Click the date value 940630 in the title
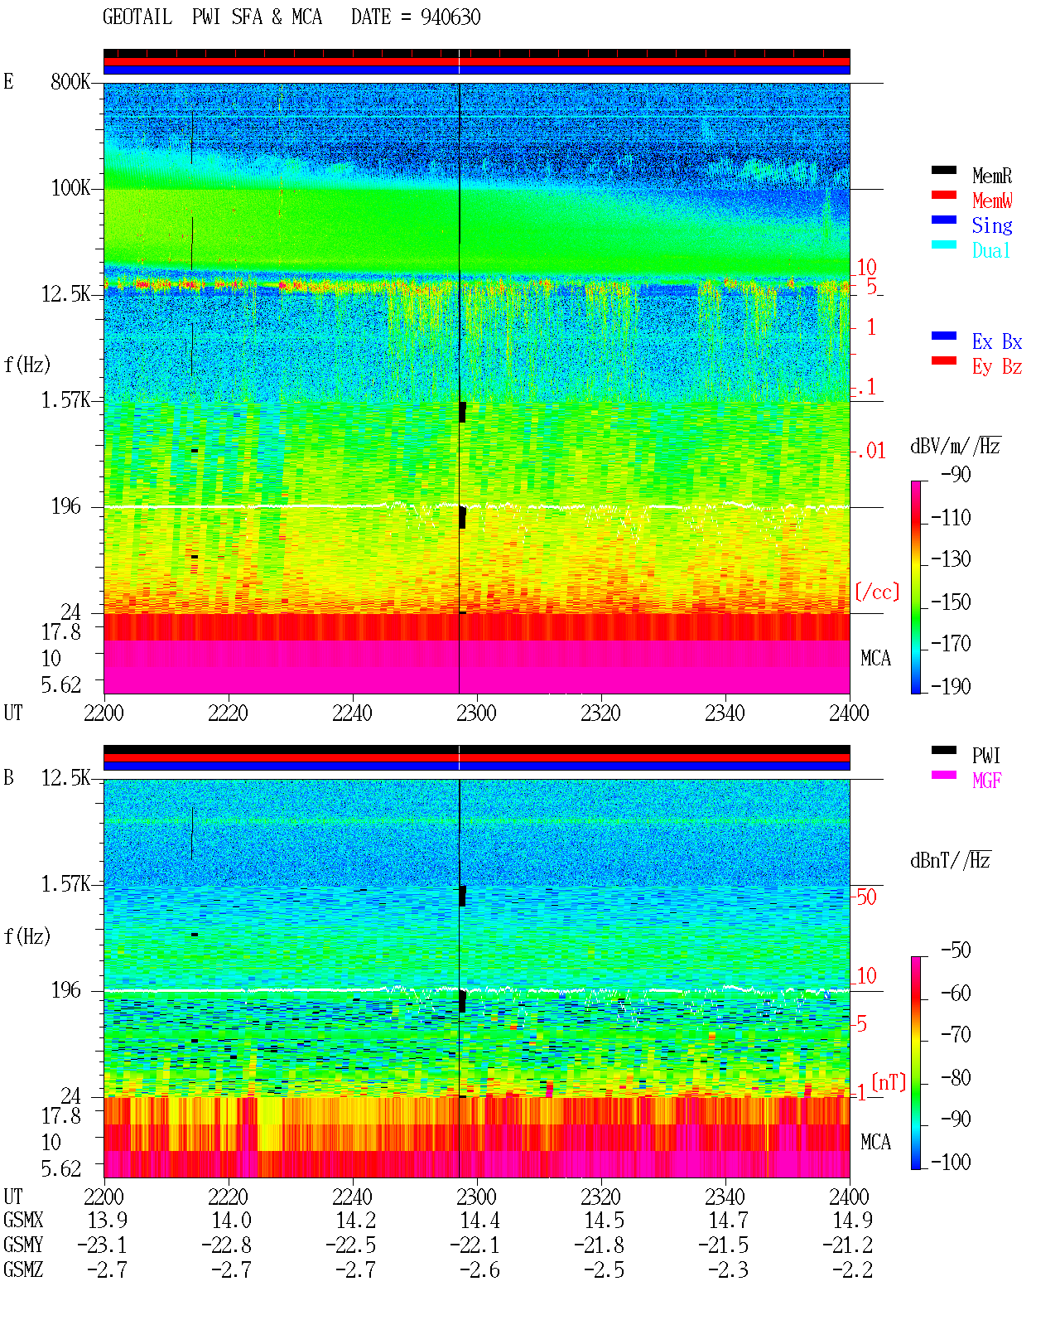click(450, 17)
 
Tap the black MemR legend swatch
click(943, 170)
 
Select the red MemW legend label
click(992, 201)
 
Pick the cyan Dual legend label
click(990, 250)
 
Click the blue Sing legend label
click(991, 225)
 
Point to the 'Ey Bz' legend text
click(996, 367)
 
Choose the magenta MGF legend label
click(986, 781)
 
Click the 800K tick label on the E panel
click(70, 81)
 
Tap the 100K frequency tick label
click(70, 188)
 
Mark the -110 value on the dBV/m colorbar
click(950, 518)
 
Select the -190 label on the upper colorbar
click(950, 686)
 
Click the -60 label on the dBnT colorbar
click(956, 993)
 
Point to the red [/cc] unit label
click(877, 592)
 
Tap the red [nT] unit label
click(889, 1082)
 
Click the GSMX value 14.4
click(479, 1221)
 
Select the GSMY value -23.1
click(102, 1245)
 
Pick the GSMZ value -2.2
click(852, 1269)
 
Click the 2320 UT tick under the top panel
click(600, 713)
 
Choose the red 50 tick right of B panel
click(866, 897)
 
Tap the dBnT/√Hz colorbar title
click(950, 860)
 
